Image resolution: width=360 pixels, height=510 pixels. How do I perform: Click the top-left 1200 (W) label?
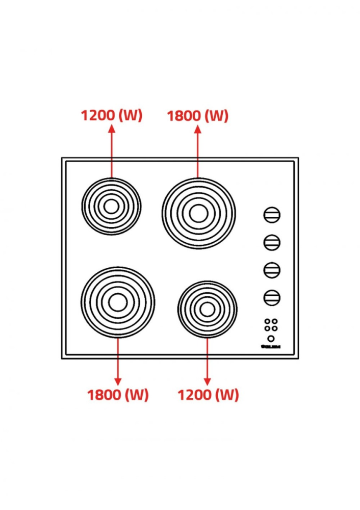[x=111, y=116]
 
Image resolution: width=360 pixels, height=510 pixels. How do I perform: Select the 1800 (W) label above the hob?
[x=198, y=116]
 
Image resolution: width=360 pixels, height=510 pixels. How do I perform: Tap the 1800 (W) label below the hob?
[x=118, y=395]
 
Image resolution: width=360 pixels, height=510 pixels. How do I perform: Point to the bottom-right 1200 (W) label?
[x=208, y=395]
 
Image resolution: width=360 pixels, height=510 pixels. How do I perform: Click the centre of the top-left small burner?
[x=111, y=206]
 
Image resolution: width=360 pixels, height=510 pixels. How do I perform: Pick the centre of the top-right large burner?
[x=198, y=213]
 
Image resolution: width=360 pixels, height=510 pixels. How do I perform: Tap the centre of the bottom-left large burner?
[x=118, y=302]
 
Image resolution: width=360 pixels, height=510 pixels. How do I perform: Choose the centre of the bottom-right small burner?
[x=207, y=309]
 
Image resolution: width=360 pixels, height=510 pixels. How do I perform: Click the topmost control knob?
[x=272, y=215]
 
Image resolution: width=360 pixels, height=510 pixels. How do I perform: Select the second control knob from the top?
[x=272, y=242]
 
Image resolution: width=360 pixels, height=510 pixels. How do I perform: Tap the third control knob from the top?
[x=272, y=269]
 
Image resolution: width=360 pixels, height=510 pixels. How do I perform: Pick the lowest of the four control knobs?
[x=272, y=297]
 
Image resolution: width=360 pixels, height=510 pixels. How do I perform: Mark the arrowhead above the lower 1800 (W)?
[x=118, y=381]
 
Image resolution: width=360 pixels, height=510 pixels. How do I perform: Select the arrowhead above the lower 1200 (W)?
[x=208, y=381]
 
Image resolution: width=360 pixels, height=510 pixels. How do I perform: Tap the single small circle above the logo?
[x=271, y=338]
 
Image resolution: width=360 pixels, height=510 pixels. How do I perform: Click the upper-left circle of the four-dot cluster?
[x=267, y=322]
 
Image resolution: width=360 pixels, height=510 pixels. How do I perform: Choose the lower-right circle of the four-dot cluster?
[x=275, y=328]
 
